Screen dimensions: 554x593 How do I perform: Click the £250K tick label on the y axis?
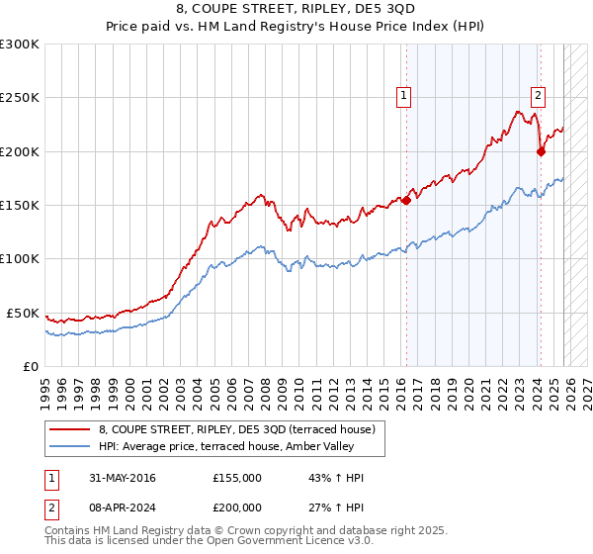(20, 98)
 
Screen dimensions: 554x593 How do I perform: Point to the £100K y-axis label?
(20, 258)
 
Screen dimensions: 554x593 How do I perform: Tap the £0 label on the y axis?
(31, 366)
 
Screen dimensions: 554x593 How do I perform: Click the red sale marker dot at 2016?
(406, 200)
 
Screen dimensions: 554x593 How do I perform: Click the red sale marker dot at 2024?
(541, 151)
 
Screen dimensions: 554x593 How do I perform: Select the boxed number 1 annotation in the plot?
(404, 96)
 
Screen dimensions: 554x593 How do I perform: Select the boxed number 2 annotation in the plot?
(538, 96)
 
